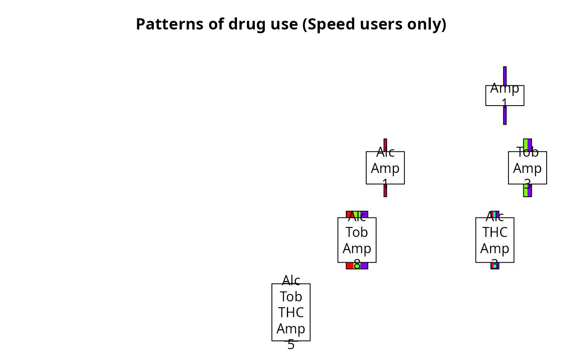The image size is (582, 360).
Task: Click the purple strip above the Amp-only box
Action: [505, 75]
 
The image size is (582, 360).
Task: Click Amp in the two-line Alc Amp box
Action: [385, 168]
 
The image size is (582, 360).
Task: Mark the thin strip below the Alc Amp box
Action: [385, 191]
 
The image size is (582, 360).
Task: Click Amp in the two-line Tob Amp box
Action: [527, 168]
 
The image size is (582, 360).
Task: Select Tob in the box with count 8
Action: [357, 232]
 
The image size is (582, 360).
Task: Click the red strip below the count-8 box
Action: [350, 266]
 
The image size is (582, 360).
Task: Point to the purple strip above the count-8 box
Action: [364, 214]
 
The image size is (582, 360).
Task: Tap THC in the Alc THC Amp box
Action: [495, 232]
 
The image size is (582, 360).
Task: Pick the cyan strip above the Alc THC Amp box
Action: [495, 214]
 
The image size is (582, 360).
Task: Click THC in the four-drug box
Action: [291, 312]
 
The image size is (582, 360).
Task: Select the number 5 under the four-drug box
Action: [291, 345]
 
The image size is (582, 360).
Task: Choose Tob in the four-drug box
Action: [291, 297]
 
